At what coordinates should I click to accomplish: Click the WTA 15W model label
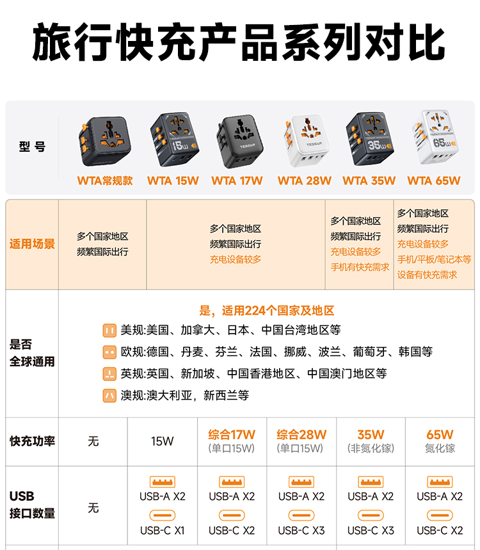[173, 181]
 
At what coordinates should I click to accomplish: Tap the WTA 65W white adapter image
[435, 138]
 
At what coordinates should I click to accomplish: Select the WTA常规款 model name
[105, 181]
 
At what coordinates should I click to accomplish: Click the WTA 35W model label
[369, 181]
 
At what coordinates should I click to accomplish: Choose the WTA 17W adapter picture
[240, 141]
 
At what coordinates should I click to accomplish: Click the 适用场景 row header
[32, 244]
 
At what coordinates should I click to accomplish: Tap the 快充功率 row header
[32, 441]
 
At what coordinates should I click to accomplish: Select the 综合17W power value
[232, 435]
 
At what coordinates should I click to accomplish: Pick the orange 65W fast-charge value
[440, 435]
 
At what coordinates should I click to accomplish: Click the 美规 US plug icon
[109, 330]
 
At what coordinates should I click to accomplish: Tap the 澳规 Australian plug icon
[109, 396]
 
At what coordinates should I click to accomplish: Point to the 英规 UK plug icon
[109, 374]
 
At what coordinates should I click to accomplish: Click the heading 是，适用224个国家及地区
[267, 311]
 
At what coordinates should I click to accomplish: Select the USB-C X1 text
[163, 530]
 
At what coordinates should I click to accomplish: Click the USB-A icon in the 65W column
[440, 482]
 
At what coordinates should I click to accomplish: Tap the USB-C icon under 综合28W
[301, 515]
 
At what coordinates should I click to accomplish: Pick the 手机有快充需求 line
[360, 267]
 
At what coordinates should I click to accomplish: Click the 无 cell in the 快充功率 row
[93, 441]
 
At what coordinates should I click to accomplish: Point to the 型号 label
[32, 147]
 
